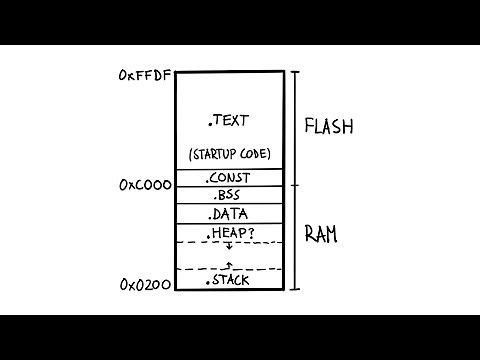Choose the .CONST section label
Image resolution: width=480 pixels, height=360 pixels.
(229, 178)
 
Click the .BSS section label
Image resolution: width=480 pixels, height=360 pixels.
(229, 196)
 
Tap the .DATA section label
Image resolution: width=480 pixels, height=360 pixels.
(229, 214)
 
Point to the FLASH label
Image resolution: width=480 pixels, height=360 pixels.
(330, 127)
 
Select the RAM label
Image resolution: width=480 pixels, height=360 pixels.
(322, 235)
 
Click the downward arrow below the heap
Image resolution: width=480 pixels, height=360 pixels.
(229, 247)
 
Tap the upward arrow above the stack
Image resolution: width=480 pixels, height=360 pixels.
(229, 265)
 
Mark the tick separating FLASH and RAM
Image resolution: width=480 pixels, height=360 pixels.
(295, 185)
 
